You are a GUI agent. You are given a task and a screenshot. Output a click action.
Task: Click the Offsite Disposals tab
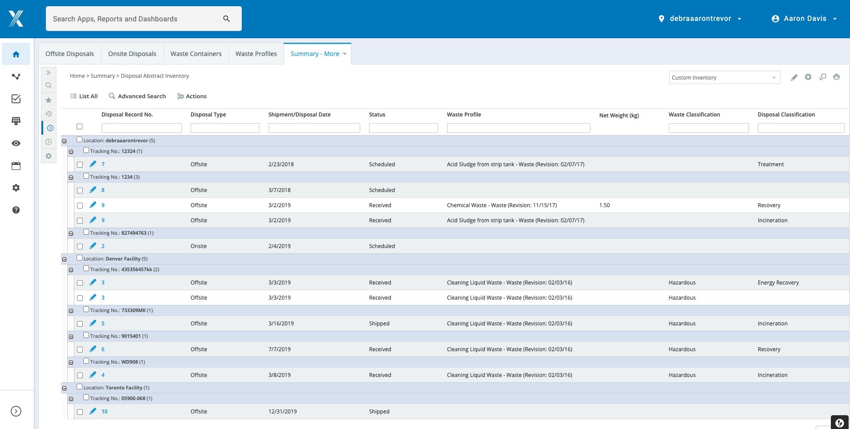69,54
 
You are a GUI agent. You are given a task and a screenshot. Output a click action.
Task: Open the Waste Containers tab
196,54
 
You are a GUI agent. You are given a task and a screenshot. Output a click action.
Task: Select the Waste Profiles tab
256,54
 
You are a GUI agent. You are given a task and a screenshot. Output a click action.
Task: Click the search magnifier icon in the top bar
227,19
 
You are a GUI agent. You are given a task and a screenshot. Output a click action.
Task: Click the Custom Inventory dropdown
724,77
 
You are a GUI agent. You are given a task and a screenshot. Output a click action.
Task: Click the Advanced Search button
137,96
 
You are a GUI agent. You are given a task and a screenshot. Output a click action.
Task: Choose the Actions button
192,96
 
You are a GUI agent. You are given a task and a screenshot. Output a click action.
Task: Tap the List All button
84,96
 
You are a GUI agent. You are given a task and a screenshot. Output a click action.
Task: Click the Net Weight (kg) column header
619,116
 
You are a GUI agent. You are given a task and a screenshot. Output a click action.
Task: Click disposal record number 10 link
105,412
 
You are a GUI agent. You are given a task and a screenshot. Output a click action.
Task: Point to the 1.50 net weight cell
605,205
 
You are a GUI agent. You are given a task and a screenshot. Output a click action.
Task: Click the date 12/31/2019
282,412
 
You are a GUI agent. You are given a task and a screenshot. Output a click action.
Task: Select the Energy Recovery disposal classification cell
778,283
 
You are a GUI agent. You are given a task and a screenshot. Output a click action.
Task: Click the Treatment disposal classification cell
770,164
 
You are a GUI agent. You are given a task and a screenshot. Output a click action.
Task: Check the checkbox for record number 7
80,164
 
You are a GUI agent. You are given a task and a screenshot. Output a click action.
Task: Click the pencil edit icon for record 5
93,323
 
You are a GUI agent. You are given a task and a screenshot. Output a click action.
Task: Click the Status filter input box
403,128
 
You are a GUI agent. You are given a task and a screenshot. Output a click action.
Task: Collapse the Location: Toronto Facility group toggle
65,388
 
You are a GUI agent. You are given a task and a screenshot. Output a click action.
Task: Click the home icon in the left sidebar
16,54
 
